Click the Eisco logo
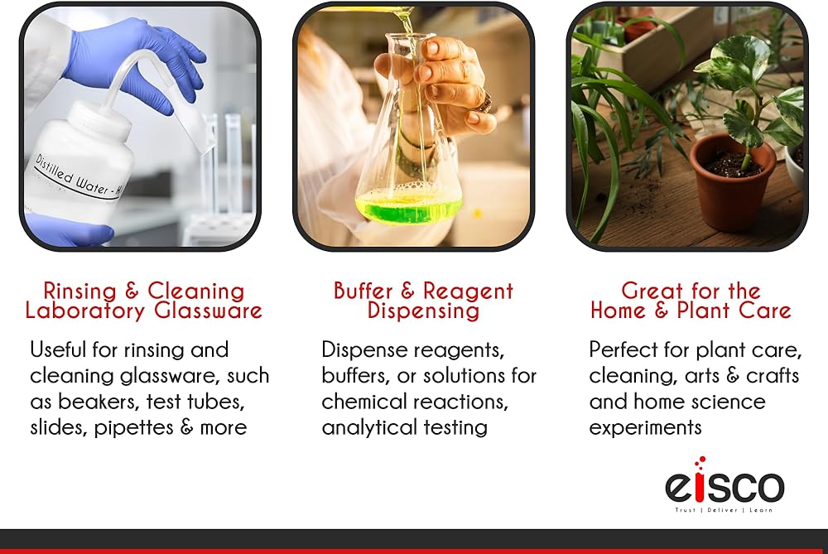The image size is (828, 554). [x=724, y=484]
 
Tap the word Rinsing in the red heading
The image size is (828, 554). [x=79, y=291]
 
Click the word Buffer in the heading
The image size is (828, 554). [x=363, y=291]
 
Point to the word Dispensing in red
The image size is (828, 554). [x=423, y=311]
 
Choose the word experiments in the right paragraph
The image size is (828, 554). [x=645, y=428]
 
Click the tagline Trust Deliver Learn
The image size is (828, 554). [x=724, y=509]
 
